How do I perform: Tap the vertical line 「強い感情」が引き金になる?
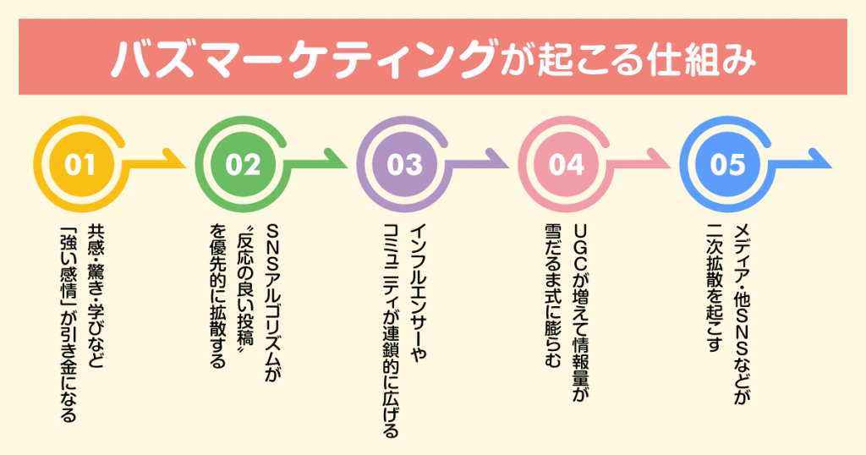point(68,326)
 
